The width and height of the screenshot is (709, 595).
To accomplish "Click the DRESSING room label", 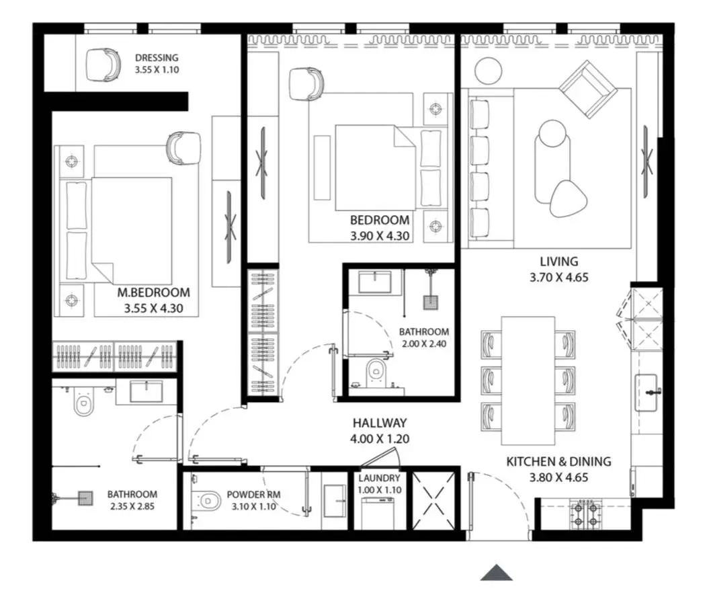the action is click(157, 57).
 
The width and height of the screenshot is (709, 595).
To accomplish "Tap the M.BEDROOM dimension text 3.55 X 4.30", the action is click(154, 309).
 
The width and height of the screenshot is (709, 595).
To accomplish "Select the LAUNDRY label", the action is click(380, 478).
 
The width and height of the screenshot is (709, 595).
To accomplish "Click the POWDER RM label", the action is click(253, 495).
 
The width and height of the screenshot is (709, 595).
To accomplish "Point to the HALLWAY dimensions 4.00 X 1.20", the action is click(380, 438).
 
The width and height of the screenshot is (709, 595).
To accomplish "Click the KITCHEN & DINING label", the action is click(558, 461).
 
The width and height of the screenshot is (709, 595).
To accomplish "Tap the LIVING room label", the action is click(559, 261).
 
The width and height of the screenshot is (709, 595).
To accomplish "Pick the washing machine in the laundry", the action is click(378, 513).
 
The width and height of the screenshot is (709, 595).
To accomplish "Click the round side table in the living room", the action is click(489, 70).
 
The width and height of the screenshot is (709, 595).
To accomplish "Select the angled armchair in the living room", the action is click(588, 89).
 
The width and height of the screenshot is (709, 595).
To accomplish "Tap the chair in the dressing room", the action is click(103, 65).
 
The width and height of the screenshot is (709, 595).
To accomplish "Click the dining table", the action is click(528, 381).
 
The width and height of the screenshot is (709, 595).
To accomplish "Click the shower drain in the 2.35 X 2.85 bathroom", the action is click(85, 498).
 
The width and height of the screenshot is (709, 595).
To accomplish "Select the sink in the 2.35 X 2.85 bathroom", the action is click(146, 391).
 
